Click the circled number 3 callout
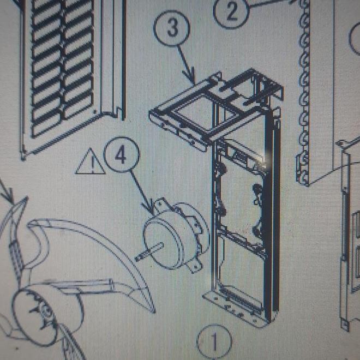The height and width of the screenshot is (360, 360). pyautogui.click(x=172, y=28)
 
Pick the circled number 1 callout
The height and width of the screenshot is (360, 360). pyautogui.click(x=214, y=343)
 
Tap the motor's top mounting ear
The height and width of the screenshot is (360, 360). pyautogui.click(x=161, y=205)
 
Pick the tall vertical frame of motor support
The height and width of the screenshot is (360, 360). pyautogui.click(x=243, y=218)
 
